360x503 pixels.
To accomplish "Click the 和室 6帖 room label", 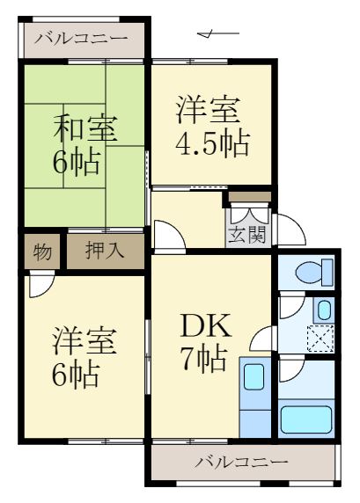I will point(83,145).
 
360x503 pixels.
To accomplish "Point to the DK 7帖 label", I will point(207,343).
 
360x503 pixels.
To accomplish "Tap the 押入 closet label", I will point(105,251).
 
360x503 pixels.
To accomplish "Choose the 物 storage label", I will point(42,251).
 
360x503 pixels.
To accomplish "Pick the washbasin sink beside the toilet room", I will point(323,310).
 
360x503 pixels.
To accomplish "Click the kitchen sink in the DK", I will point(255,377).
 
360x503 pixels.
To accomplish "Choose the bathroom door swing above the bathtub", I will point(290,373).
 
